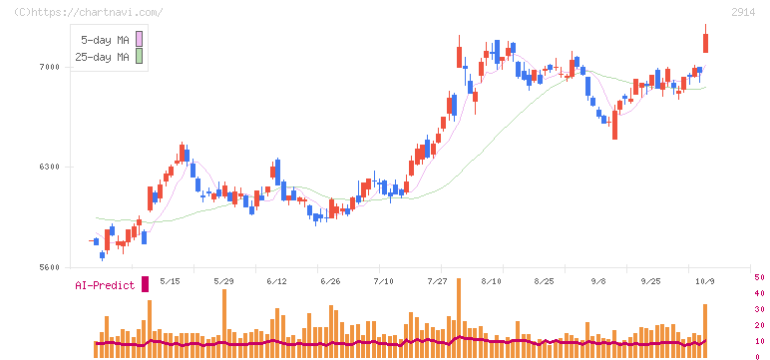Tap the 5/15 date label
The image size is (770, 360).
(171, 281)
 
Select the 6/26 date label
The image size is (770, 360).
(330, 281)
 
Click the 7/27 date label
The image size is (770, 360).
(437, 281)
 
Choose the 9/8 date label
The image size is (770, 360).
(599, 281)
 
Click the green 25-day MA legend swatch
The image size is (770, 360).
(139, 57)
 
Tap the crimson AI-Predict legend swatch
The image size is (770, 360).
(145, 284)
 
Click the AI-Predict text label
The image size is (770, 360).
(105, 285)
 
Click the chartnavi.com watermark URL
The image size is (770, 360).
(89, 12)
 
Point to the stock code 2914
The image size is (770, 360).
(743, 13)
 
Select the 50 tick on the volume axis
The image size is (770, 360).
(759, 278)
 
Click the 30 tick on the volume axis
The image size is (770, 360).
(759, 309)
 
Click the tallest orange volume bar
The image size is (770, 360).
(459, 318)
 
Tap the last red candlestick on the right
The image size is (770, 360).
(706, 43)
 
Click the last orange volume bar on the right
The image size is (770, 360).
(705, 331)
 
